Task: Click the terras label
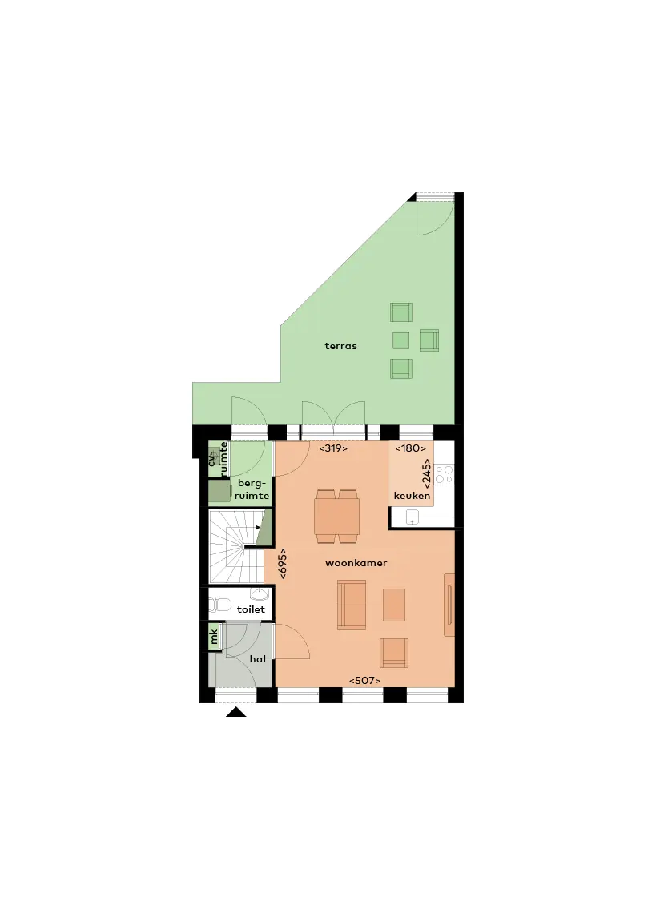340,346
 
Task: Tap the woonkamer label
356,563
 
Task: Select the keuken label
412,496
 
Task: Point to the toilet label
251,609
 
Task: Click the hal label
258,659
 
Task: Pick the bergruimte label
252,489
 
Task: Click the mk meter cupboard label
214,637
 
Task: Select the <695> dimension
283,564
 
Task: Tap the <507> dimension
364,681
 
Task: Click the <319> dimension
333,448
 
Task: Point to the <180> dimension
411,448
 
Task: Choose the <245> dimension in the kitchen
426,474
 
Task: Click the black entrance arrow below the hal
236,713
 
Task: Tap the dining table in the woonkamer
336,517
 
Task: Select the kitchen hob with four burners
444,474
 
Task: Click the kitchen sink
413,517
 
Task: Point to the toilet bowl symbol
219,605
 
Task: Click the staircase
236,547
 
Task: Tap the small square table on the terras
400,340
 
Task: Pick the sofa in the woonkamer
352,605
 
